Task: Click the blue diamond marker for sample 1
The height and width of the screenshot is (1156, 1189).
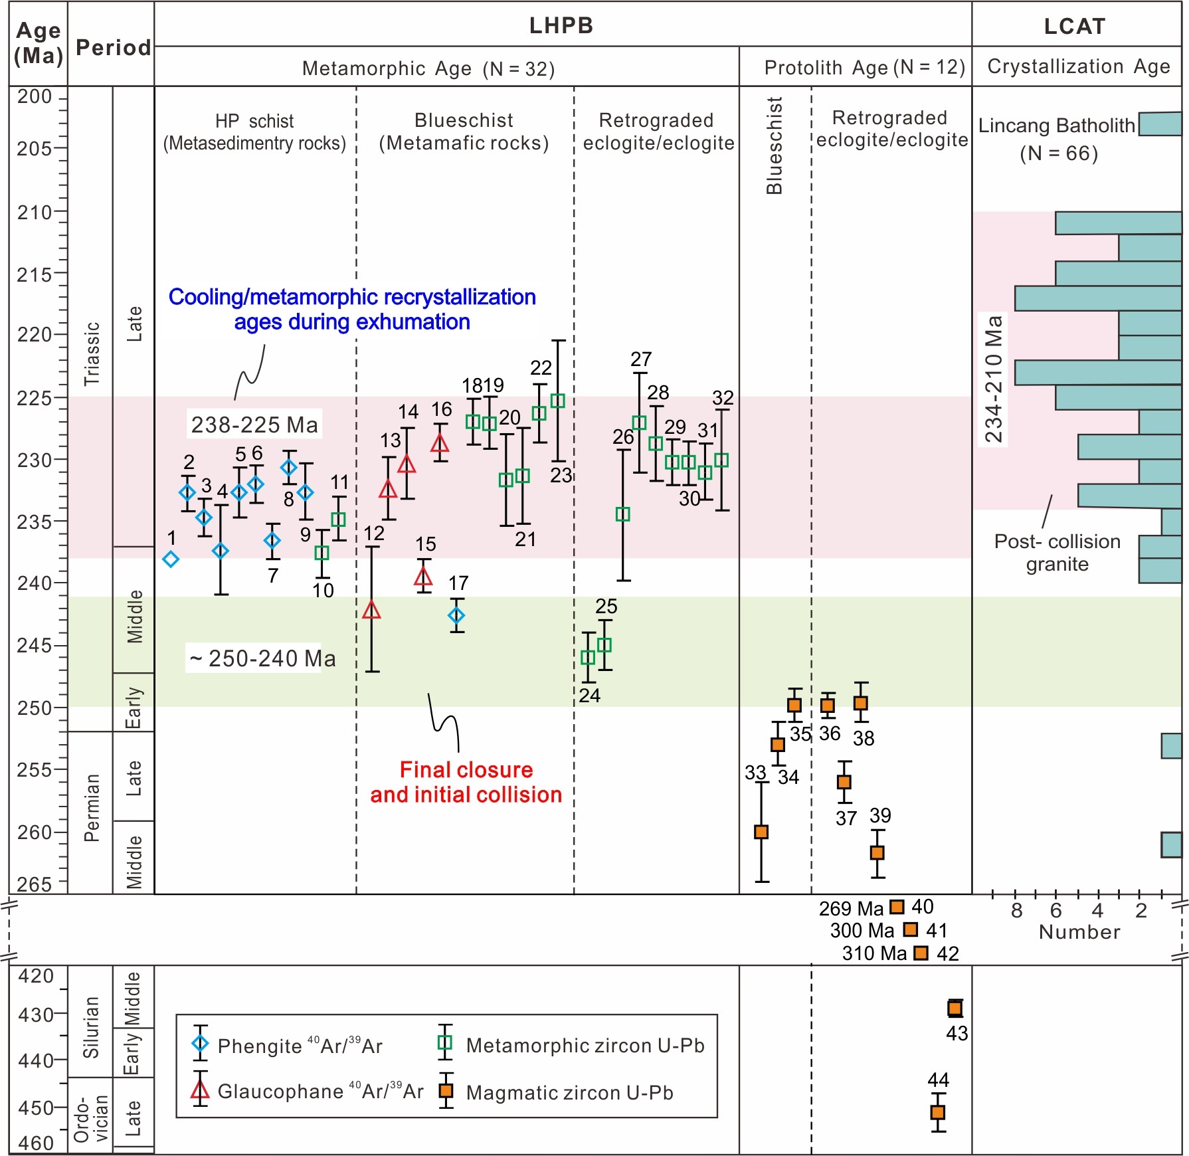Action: pyautogui.click(x=171, y=559)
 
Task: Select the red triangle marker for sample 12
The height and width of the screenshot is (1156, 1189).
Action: pyautogui.click(x=372, y=610)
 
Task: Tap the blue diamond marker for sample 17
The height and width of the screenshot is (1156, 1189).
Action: pyautogui.click(x=456, y=616)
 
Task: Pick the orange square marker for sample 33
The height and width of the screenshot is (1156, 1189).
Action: pyautogui.click(x=761, y=832)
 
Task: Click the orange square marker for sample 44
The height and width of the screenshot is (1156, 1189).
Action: pyautogui.click(x=938, y=1112)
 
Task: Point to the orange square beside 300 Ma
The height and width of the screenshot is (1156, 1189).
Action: pyautogui.click(x=911, y=929)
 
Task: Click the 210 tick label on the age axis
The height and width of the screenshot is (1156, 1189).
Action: pyautogui.click(x=34, y=213)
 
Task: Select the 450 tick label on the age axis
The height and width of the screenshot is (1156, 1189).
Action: pyautogui.click(x=35, y=1108)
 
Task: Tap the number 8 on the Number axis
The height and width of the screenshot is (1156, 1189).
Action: pyautogui.click(x=1016, y=911)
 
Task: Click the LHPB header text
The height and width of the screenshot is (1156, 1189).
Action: pyautogui.click(x=561, y=25)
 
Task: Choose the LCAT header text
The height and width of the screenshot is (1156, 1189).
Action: pyautogui.click(x=1075, y=26)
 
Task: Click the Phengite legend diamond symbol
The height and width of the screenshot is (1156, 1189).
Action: pyautogui.click(x=200, y=1044)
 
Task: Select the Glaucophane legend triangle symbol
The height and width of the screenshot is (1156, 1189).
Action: pyautogui.click(x=200, y=1090)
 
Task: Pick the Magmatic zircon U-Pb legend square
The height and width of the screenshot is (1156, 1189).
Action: pyautogui.click(x=446, y=1091)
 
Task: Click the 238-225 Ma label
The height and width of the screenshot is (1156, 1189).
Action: pyautogui.click(x=254, y=425)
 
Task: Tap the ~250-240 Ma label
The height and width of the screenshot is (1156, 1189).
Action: pyautogui.click(x=263, y=658)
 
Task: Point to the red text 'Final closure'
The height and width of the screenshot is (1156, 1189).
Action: pyautogui.click(x=466, y=769)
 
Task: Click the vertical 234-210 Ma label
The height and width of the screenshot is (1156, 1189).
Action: pyautogui.click(x=993, y=379)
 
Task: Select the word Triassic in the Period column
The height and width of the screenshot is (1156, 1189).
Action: pyautogui.click(x=92, y=353)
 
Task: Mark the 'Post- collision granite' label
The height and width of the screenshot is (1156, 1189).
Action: pyautogui.click(x=1057, y=553)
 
